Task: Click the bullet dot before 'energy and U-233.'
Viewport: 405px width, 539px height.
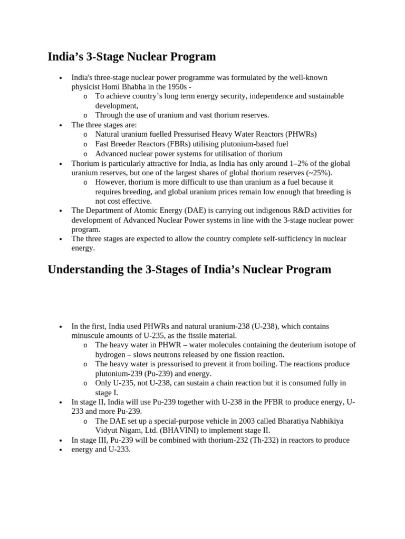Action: [x=61, y=450]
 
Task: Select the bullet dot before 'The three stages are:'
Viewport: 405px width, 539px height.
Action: [x=61, y=125]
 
